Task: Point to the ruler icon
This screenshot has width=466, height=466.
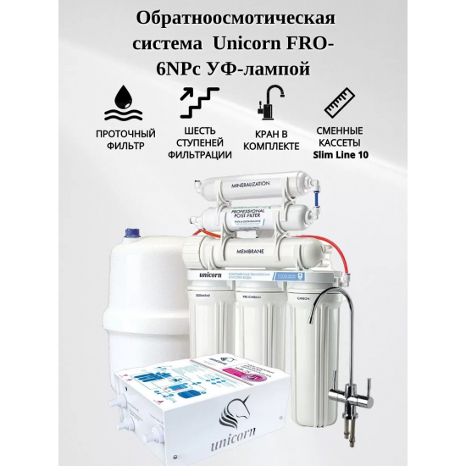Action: [339, 103]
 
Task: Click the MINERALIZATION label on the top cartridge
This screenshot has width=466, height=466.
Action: [247, 184]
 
